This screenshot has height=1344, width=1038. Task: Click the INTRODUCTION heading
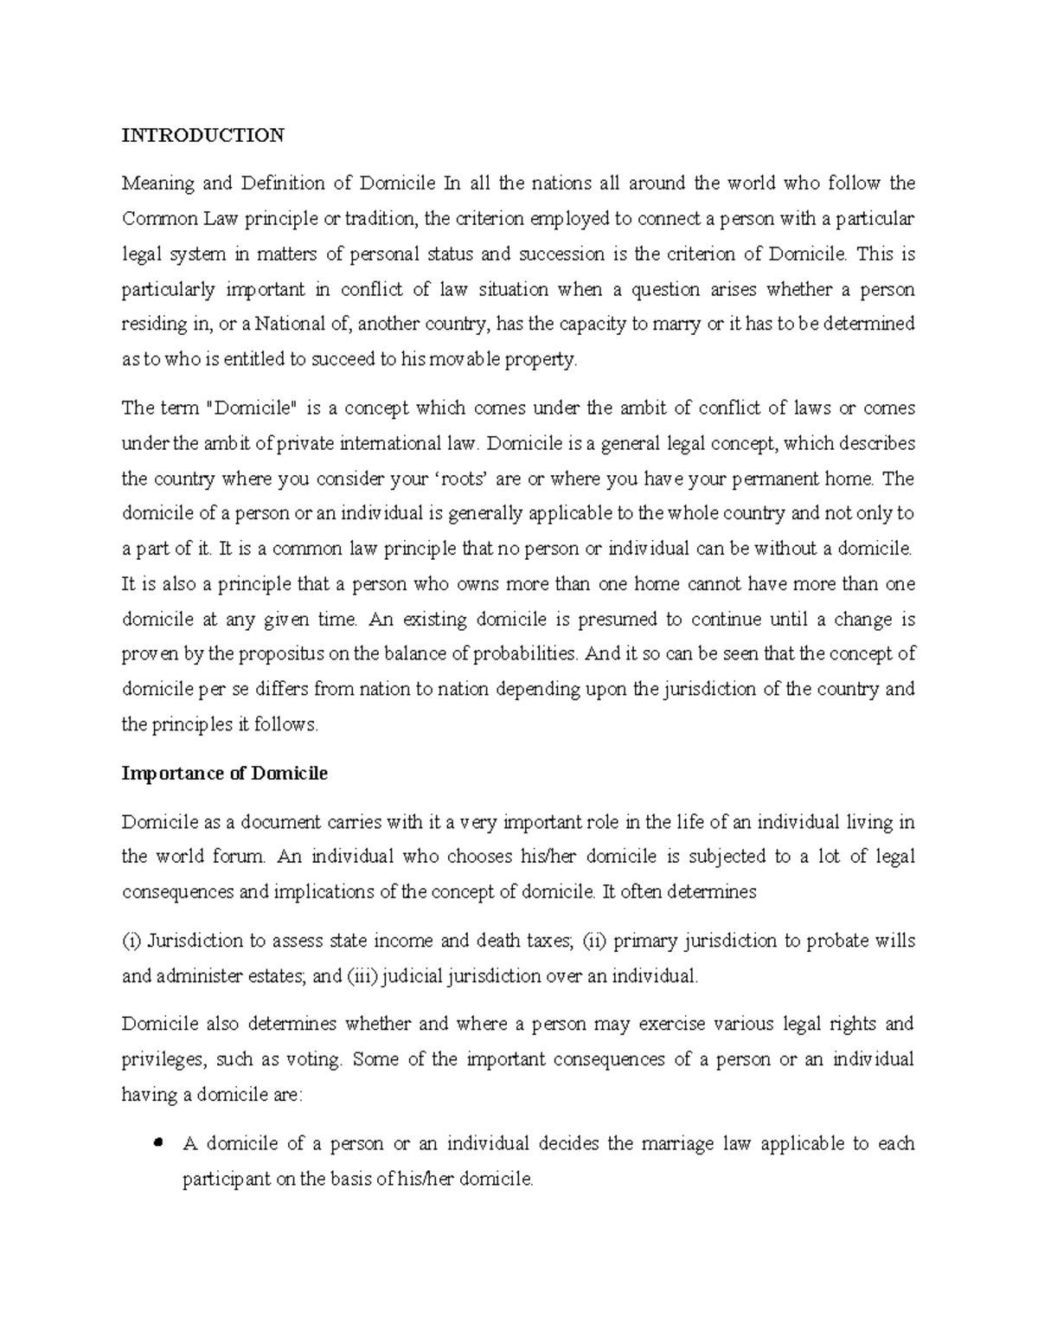pyautogui.click(x=202, y=135)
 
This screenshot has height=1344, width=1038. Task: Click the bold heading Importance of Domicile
pyautogui.click(x=225, y=774)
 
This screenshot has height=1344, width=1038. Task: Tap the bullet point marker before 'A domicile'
pyautogui.click(x=157, y=1144)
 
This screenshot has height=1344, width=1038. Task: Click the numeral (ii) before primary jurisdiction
pyautogui.click(x=593, y=941)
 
